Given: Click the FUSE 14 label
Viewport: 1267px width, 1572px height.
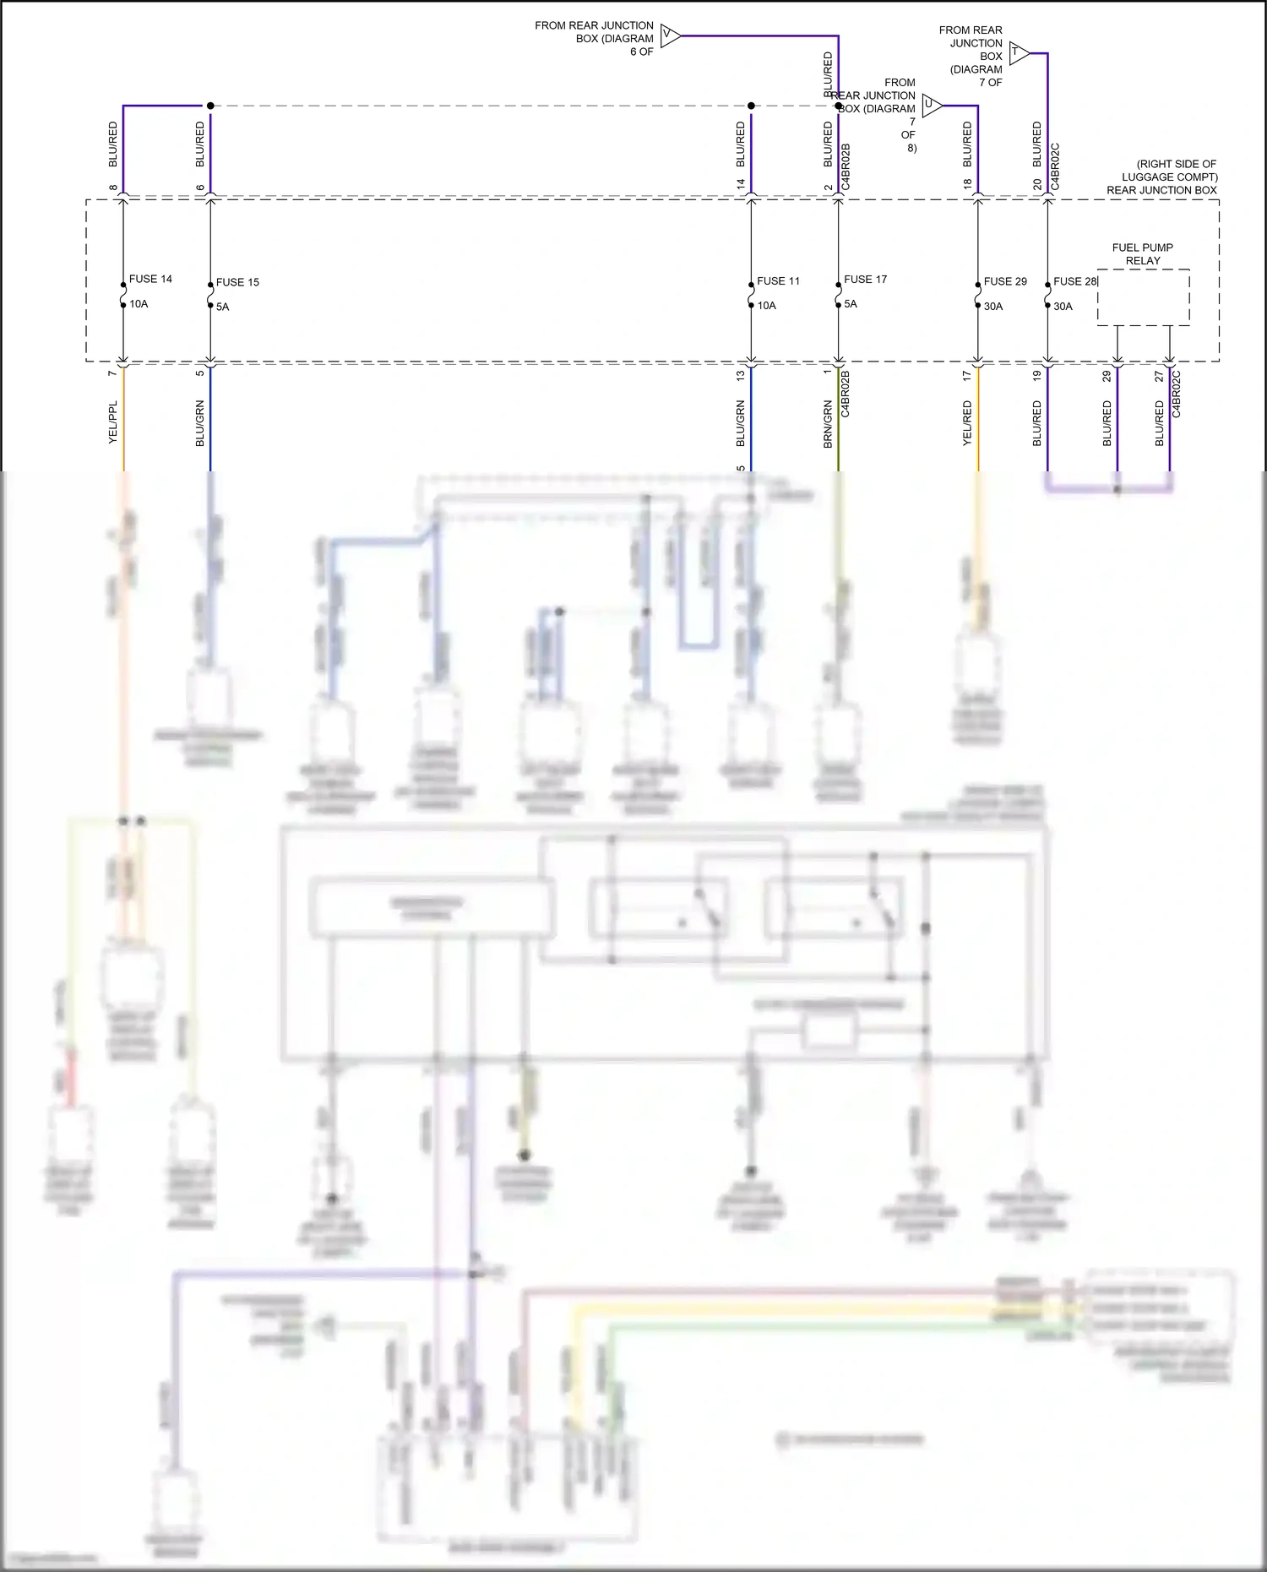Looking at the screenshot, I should click(150, 279).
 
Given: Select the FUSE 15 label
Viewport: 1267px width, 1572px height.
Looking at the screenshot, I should click(237, 282).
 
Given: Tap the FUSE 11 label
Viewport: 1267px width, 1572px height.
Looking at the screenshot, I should click(778, 280).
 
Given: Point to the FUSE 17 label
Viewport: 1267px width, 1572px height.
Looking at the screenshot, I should click(865, 279).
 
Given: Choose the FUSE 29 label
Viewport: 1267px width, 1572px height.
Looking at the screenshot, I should click(1005, 281).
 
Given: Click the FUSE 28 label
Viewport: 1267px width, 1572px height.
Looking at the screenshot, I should click(1074, 281).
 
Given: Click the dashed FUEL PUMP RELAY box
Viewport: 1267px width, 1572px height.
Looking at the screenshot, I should click(1143, 297).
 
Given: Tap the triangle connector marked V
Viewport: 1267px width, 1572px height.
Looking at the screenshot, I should click(670, 35).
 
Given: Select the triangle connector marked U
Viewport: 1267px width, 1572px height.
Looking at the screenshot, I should click(931, 106).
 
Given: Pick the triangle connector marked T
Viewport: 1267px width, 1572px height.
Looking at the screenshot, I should click(1018, 53).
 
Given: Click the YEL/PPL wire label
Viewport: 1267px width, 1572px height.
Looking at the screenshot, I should click(112, 422).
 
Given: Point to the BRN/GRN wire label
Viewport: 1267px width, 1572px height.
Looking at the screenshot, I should click(828, 424).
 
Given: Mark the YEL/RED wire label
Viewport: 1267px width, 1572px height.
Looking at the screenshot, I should click(967, 424).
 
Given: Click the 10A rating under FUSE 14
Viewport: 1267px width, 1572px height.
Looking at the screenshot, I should click(139, 304).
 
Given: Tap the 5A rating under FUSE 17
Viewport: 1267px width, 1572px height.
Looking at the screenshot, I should click(851, 304).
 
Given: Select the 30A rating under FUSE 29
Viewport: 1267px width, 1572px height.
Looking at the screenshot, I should click(993, 307).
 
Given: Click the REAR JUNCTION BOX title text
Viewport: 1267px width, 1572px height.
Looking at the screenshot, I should click(1161, 190).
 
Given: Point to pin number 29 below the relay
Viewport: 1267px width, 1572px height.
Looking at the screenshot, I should click(1107, 377).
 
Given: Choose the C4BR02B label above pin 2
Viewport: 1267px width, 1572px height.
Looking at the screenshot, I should click(846, 166).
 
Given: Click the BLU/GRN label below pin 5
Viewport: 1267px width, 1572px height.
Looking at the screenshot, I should click(200, 423).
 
